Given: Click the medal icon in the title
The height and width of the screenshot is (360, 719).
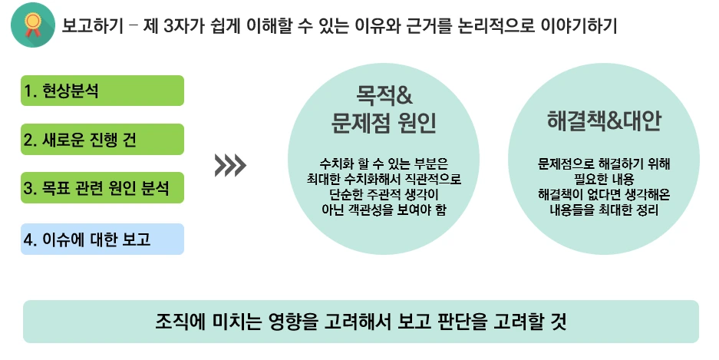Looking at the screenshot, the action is [x=33, y=25].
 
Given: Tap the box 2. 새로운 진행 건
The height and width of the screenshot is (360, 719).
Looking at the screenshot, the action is [x=102, y=139].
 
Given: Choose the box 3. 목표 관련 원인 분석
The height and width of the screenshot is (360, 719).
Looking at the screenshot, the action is [x=102, y=187].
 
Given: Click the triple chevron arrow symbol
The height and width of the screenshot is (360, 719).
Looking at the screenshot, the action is [x=230, y=163].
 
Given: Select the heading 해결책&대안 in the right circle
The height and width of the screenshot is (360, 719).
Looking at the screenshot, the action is [x=605, y=121].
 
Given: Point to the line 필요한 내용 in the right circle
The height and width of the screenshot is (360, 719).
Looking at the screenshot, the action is [x=605, y=178].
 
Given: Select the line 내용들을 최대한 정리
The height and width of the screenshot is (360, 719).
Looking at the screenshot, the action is [x=605, y=209].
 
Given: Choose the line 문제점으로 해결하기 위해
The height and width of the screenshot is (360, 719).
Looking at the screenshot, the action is [x=605, y=163].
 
